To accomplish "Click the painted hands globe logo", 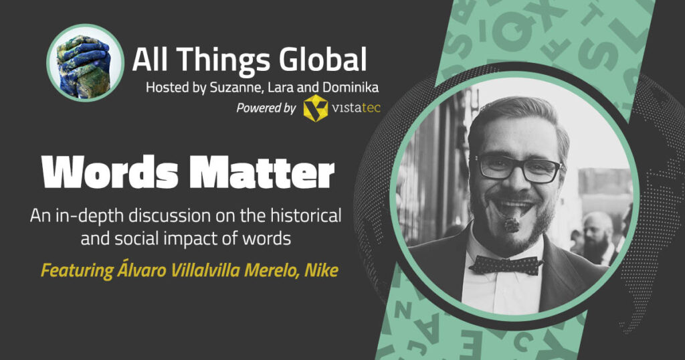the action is tap(85, 62).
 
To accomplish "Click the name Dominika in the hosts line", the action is tap(351, 88).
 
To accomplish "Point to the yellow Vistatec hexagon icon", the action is tap(316, 108).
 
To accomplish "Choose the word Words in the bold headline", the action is tap(110, 173).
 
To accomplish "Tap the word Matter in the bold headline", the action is tap(262, 173).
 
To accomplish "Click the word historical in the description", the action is tap(306, 216).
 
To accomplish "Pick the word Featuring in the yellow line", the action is tap(78, 270).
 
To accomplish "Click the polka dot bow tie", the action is tap(506, 264).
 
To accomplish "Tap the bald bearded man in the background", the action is tap(597, 238).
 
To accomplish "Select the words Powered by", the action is tap(266, 108).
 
